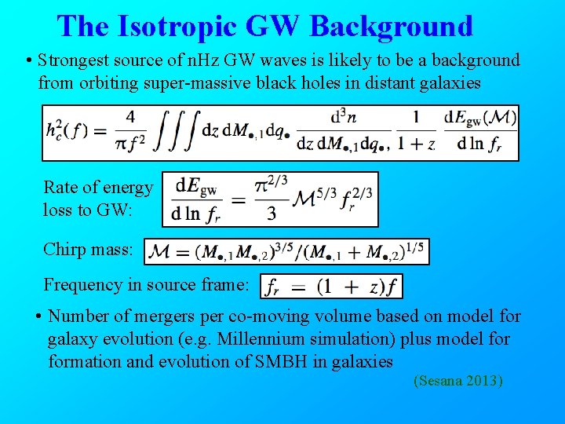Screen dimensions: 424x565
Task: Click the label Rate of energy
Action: [x=98, y=187]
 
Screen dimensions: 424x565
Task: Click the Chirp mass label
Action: [x=89, y=249]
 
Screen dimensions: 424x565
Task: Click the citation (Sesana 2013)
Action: [x=457, y=382]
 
